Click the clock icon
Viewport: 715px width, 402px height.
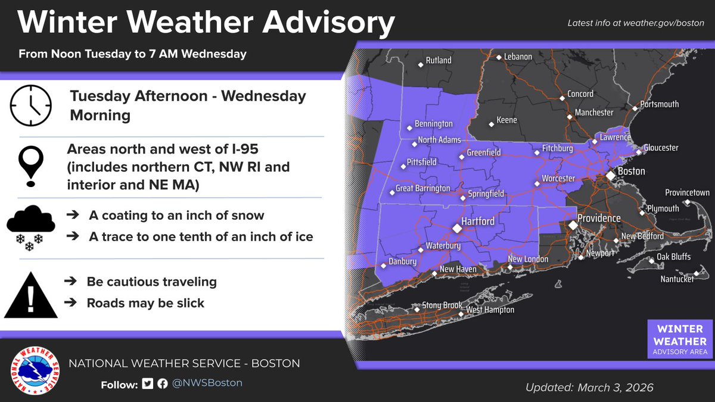tap(31, 105)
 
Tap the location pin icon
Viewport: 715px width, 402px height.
tap(31, 166)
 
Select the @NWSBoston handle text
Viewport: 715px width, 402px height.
tap(207, 383)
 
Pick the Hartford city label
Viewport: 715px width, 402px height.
tap(478, 222)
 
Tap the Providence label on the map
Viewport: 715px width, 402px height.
tap(599, 219)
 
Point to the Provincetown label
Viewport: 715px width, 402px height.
tap(687, 193)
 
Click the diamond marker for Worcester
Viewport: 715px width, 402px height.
tap(537, 185)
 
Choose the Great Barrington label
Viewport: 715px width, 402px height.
tap(423, 189)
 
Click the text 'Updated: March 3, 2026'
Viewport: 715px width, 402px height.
tap(589, 387)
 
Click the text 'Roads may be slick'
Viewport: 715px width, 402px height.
tap(145, 303)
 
